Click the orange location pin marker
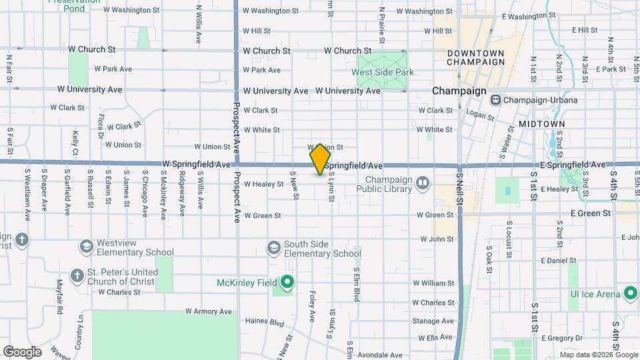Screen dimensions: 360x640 tap(321, 159)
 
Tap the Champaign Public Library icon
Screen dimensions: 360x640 tap(423, 183)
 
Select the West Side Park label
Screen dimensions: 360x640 tap(383, 72)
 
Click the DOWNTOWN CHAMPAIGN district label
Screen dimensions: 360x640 tap(475, 57)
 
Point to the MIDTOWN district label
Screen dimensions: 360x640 tap(541, 124)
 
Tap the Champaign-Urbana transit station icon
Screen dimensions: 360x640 tap(495, 100)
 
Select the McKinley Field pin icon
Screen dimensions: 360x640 tap(287, 283)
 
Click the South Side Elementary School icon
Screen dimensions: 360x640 tap(273, 248)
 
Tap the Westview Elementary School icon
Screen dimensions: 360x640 tap(86, 247)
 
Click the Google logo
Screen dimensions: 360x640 tap(22, 351)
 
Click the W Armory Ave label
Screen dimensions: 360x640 tap(208, 311)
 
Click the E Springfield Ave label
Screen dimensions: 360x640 tap(573, 164)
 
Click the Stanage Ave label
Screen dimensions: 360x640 tap(433, 321)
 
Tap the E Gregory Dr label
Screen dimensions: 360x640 tap(562, 338)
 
